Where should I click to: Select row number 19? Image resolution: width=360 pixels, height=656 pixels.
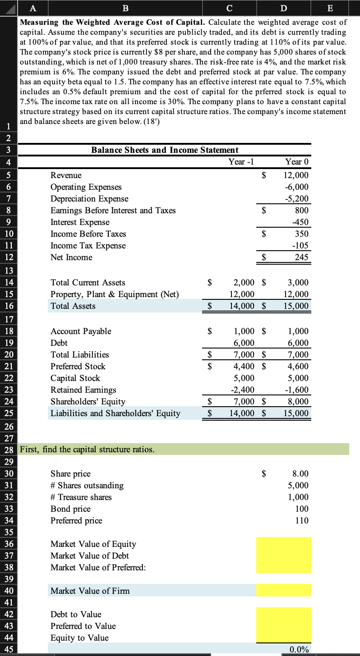click(9, 343)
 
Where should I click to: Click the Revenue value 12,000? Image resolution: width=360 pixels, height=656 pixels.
click(296, 175)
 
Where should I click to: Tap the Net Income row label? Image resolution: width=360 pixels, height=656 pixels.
click(71, 257)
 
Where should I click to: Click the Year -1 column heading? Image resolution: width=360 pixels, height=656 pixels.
click(237, 161)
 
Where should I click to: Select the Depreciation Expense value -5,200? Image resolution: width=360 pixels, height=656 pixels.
click(297, 199)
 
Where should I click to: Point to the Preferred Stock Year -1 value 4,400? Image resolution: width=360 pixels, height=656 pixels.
click(243, 367)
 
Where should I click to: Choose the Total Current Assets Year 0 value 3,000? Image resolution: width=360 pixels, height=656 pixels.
click(298, 283)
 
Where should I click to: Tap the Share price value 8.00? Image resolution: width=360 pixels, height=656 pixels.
click(300, 474)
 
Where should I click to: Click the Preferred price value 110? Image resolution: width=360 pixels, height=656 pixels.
click(302, 521)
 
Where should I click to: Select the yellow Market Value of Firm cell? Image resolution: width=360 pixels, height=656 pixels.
click(283, 591)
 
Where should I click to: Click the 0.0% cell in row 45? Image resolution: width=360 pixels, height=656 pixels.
click(299, 650)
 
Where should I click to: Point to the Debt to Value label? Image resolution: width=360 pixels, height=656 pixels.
click(76, 615)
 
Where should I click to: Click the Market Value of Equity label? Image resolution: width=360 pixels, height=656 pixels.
click(93, 544)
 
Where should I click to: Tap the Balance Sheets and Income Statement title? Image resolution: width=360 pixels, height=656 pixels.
click(165, 150)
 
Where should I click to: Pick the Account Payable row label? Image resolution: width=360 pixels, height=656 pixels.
click(81, 331)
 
